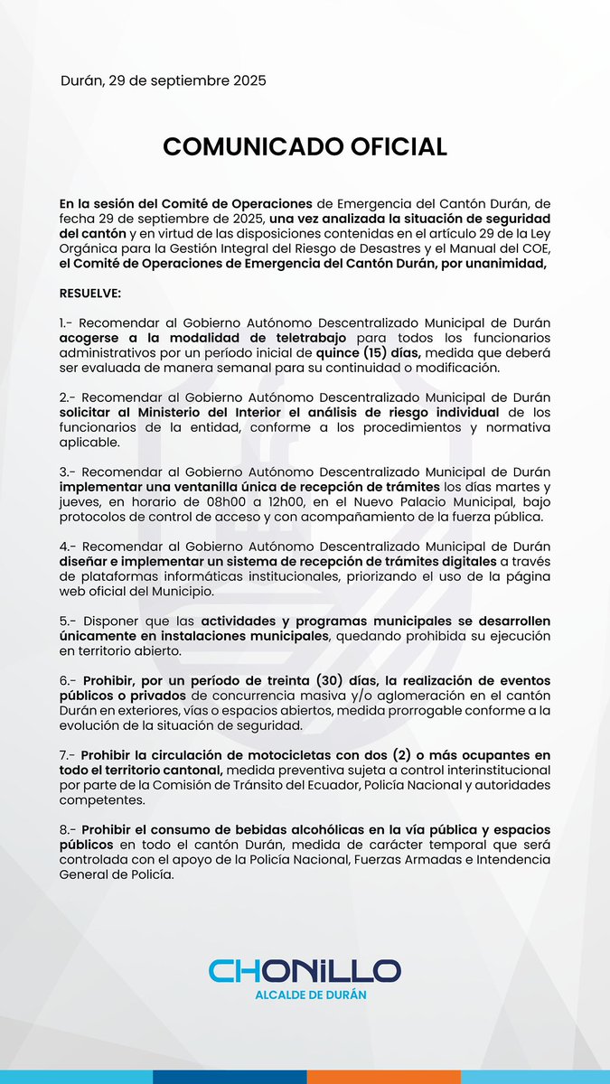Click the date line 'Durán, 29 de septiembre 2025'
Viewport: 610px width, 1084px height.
(163, 80)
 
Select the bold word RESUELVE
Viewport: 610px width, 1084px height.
(95, 294)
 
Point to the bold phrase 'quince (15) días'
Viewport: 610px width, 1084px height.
(366, 353)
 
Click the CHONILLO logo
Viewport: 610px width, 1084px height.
(305, 971)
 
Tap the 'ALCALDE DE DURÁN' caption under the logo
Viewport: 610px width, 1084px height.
(305, 995)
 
